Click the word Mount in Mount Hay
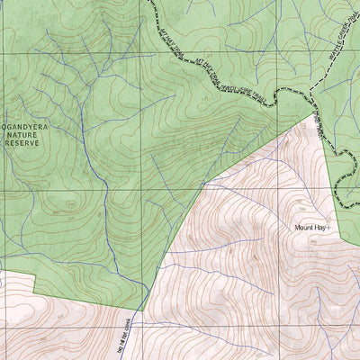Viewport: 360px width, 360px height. click(305, 228)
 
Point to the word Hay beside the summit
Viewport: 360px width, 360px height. click(322, 228)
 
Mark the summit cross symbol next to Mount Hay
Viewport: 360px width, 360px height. click(332, 227)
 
